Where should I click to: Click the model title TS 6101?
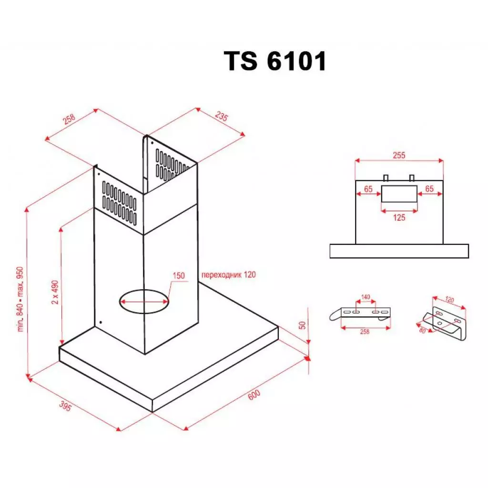[275, 61]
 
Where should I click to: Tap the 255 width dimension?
[399, 155]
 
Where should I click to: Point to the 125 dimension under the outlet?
[399, 217]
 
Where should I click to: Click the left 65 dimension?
[368, 189]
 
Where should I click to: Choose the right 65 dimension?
[429, 189]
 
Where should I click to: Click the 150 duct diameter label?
[179, 276]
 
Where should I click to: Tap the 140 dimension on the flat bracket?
[366, 297]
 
